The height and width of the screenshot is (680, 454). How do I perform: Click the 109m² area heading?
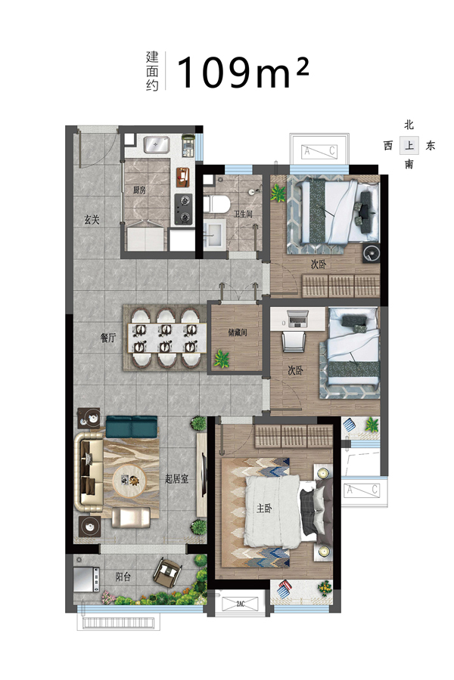[x=243, y=72]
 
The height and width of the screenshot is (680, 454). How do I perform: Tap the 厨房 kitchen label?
[x=139, y=190]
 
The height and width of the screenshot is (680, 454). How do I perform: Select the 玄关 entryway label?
[x=92, y=220]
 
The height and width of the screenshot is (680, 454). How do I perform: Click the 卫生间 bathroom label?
[x=243, y=215]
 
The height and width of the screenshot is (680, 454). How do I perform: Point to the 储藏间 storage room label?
[x=237, y=332]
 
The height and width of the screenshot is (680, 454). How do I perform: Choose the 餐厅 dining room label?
[x=108, y=338]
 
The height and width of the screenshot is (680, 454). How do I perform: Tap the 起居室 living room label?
[x=177, y=479]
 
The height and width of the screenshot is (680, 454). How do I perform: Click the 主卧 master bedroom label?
[x=264, y=508]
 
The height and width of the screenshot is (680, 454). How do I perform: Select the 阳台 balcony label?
[x=123, y=576]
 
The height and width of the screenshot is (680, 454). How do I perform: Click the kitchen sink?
[x=157, y=144]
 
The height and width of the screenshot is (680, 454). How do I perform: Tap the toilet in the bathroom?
[x=216, y=204]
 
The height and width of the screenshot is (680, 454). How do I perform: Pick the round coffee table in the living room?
[x=130, y=481]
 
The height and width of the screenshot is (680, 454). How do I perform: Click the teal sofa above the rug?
[x=132, y=426]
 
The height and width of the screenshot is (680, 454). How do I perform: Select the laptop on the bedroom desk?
[x=297, y=319]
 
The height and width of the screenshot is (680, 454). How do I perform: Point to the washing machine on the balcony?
[x=86, y=580]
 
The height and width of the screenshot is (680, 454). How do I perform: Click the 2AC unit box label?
[x=241, y=604]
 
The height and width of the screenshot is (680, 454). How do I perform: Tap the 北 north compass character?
[x=409, y=125]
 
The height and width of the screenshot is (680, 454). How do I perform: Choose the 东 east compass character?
[x=430, y=145]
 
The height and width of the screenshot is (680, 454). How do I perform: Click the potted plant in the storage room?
[x=222, y=359]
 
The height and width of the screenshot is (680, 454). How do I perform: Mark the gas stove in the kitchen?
[x=183, y=209]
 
